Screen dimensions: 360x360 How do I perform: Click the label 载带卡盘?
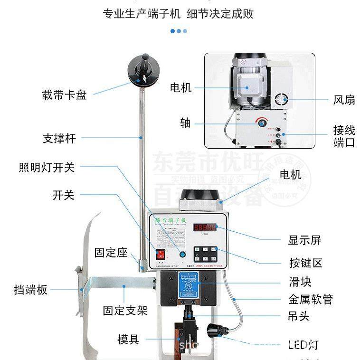(64, 95)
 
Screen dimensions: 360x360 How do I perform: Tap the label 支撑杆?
(59, 139)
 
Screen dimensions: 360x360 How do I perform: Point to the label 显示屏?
(304, 240)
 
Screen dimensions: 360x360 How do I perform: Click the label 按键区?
(305, 263)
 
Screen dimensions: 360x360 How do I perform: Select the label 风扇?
(344, 100)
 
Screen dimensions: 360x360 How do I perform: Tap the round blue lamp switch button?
(182, 255)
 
